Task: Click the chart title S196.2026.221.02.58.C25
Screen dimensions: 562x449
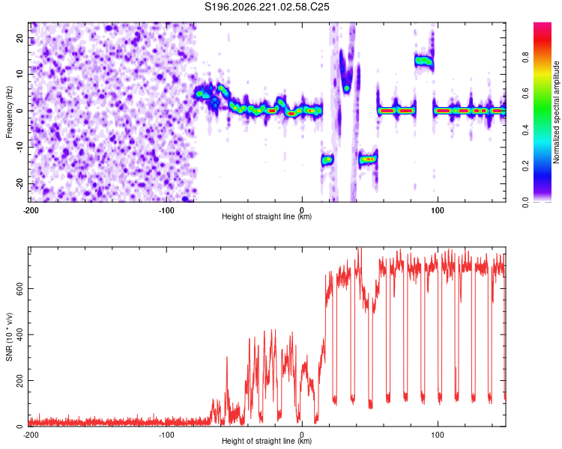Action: (267, 7)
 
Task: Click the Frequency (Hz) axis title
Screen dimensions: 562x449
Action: (9, 112)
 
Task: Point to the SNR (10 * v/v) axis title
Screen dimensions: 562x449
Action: (9, 337)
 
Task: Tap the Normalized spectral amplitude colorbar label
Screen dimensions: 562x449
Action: (556, 112)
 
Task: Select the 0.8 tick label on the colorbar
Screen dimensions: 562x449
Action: (525, 58)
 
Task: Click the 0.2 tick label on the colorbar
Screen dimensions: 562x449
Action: (525, 166)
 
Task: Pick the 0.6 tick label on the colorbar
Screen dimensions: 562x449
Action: (525, 94)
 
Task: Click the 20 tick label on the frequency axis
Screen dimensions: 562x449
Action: (20, 38)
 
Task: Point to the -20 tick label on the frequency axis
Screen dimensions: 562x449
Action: (20, 183)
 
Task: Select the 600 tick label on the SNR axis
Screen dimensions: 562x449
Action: (20, 289)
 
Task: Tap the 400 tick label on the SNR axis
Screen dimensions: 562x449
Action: (20, 335)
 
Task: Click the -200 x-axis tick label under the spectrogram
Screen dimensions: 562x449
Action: (31, 210)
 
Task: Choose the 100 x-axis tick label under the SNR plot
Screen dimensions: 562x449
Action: (438, 435)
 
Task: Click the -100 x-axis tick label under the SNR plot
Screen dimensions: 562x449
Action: (166, 435)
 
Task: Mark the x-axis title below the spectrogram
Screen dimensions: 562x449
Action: (267, 216)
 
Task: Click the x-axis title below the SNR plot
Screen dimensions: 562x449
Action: (267, 441)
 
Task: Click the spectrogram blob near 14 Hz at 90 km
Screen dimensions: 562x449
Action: (424, 61)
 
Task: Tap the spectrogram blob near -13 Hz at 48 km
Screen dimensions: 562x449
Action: (368, 159)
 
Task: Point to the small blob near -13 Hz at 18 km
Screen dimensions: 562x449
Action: (327, 159)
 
